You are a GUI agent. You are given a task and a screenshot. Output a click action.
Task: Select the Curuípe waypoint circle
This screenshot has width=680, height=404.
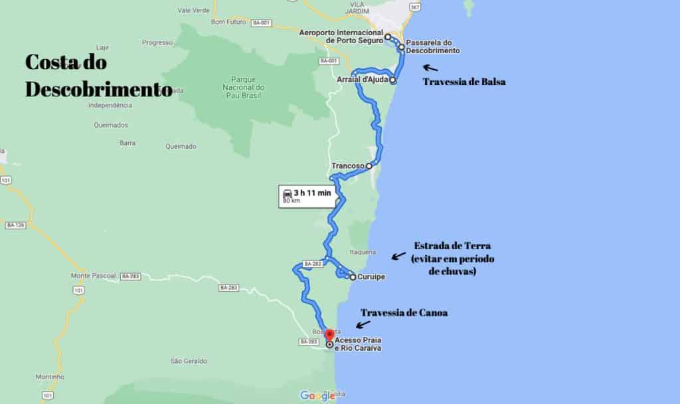(352, 277)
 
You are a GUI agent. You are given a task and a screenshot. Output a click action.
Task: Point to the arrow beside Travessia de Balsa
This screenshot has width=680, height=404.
(430, 67)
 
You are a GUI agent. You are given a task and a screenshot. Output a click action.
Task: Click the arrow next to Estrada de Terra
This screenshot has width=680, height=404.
(398, 255)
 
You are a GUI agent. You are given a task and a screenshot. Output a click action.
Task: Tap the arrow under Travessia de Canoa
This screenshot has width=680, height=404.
(363, 324)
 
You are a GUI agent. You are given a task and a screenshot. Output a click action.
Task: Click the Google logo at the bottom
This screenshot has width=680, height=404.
(317, 395)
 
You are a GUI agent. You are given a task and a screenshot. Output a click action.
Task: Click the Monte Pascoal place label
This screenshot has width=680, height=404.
(93, 275)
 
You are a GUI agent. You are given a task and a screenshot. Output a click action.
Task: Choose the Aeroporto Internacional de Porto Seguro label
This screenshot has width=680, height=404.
(341, 36)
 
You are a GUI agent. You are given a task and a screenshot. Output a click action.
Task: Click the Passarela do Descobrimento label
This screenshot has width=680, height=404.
(432, 47)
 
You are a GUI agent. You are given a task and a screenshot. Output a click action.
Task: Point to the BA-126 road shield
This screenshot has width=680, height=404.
(15, 225)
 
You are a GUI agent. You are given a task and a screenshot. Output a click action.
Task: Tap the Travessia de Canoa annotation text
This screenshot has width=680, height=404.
(404, 312)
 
